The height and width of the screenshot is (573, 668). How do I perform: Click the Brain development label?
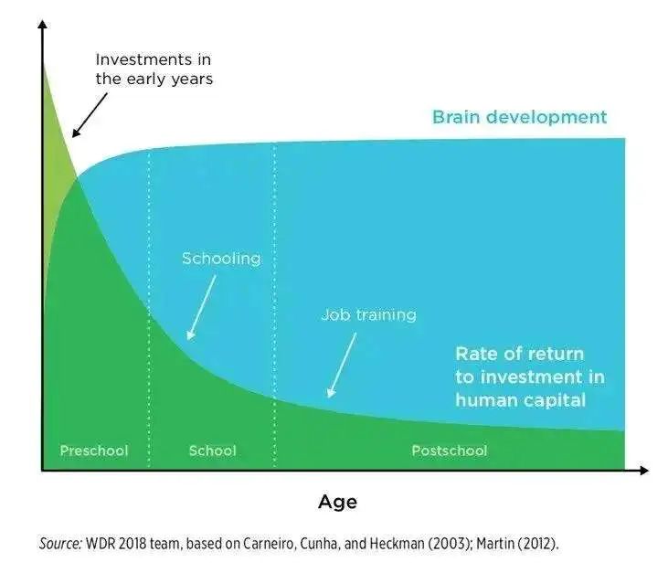[x=519, y=117]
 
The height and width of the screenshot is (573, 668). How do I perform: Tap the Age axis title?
[x=337, y=503]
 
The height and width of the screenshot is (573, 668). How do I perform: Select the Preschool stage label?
[x=94, y=451]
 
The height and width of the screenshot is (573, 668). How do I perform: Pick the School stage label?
[x=212, y=451]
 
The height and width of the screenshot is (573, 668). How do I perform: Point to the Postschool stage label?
[x=449, y=451]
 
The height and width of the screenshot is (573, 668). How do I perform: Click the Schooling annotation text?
[x=221, y=259]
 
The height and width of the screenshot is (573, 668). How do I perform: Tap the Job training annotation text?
[x=368, y=315]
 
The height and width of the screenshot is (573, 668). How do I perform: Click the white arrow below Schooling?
[x=201, y=308]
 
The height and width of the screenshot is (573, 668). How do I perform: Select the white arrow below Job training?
[x=342, y=366]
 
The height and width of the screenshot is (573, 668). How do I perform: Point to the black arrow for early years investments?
[x=90, y=115]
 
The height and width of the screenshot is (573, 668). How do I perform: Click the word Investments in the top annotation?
[x=144, y=59]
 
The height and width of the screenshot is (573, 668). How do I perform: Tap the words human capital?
[x=520, y=400]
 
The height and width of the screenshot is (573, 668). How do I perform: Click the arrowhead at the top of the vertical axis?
[x=42, y=25]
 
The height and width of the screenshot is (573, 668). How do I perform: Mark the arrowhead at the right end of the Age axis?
[x=643, y=471]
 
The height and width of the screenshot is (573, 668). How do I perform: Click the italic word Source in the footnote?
[x=60, y=544]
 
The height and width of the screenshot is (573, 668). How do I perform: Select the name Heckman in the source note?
[x=397, y=544]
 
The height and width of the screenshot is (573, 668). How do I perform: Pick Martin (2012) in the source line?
[x=517, y=544]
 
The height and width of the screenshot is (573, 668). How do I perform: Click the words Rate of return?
[x=519, y=354]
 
